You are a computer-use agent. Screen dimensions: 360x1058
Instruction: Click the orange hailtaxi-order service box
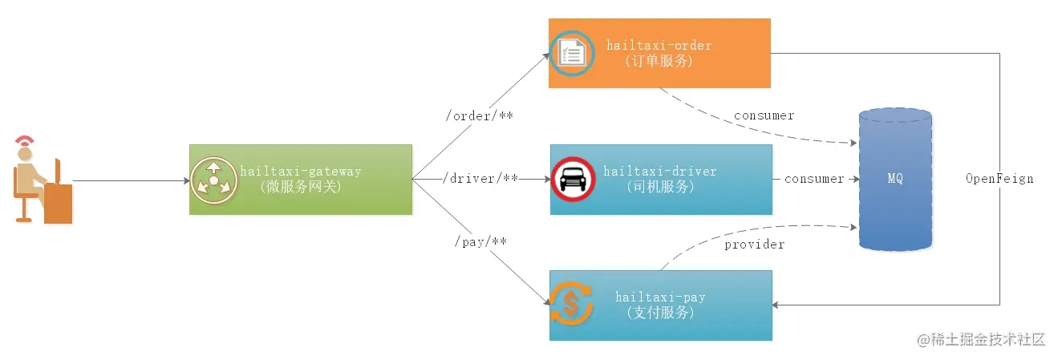tap(659, 53)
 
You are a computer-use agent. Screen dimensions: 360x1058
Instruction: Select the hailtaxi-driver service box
tap(661, 179)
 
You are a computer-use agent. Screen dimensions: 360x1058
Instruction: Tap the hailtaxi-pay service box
tap(660, 305)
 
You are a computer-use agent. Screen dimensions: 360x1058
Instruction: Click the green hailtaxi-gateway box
tap(300, 179)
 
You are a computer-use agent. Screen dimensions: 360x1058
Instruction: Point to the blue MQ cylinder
tap(894, 179)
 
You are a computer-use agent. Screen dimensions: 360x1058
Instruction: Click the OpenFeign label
tap(999, 179)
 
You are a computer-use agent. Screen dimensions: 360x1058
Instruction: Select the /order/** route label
tap(479, 116)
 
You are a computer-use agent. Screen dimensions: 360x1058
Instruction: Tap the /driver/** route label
tap(480, 178)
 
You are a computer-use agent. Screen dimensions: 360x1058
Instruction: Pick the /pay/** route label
tap(480, 241)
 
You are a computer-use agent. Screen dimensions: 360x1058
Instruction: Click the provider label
tap(754, 244)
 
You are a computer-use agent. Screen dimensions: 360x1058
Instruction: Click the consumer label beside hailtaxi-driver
tap(813, 179)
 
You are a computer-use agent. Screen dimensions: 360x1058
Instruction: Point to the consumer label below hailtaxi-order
tap(764, 115)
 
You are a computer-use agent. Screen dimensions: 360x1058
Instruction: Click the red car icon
tap(573, 179)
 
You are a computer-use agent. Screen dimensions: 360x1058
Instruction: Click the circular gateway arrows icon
tap(213, 179)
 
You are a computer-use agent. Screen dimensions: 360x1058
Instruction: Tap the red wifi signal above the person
tap(25, 144)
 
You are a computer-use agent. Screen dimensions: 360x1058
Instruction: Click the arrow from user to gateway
tap(128, 180)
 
